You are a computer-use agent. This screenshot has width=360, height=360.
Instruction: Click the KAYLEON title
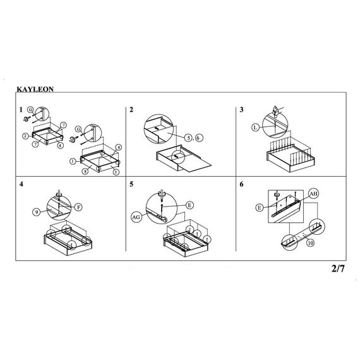[x=35, y=89]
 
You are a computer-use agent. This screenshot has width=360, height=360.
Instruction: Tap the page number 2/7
[x=338, y=268]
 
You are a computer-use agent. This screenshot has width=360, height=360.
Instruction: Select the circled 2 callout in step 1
[x=26, y=136]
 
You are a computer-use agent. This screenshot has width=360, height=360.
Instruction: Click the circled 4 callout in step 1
[x=60, y=145]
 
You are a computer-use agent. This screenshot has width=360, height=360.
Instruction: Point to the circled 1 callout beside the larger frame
[x=73, y=162]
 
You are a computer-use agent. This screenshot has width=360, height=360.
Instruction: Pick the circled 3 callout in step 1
[x=116, y=172]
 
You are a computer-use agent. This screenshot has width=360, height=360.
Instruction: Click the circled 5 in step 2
[x=188, y=138]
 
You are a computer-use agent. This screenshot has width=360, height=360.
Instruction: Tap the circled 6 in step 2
[x=199, y=138]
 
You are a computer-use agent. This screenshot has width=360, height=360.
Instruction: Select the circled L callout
[x=255, y=127]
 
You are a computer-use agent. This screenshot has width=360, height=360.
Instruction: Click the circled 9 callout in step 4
[x=37, y=212]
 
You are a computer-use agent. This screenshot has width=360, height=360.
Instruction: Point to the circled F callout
[x=78, y=207]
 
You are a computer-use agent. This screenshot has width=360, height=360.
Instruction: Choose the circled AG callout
[x=136, y=217]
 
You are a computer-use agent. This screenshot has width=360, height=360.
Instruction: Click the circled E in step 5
[x=189, y=205]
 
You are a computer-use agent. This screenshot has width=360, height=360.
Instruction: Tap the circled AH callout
[x=314, y=193]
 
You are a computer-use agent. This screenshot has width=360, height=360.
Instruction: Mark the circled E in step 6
[x=260, y=208]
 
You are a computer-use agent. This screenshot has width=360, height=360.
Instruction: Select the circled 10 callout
[x=310, y=243]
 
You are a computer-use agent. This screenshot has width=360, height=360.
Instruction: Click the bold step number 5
[x=131, y=184]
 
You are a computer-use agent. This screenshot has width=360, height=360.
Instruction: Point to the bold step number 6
[x=241, y=184]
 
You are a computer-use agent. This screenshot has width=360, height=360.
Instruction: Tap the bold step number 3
[x=241, y=110]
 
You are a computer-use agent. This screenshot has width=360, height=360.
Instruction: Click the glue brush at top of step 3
[x=276, y=111]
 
